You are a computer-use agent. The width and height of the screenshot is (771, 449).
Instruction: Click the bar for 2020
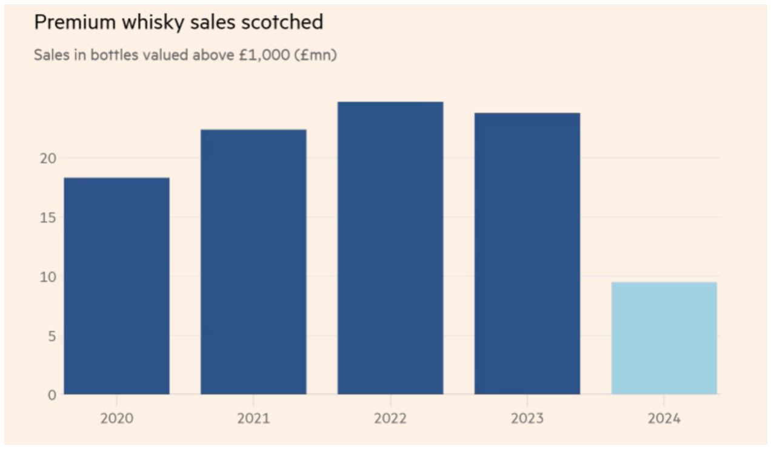pyautogui.click(x=116, y=286)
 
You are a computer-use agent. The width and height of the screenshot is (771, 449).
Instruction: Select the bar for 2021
pyautogui.click(x=253, y=262)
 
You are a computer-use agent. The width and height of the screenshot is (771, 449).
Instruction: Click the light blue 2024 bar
pyautogui.click(x=664, y=338)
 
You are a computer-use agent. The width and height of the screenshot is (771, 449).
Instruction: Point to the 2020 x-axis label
pyautogui.click(x=116, y=419)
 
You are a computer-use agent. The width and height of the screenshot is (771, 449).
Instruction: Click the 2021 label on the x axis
pyautogui.click(x=253, y=419)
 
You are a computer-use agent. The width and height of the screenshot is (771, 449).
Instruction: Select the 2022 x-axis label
pyautogui.click(x=390, y=419)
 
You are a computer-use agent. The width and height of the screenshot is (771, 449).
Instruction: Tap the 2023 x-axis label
pyautogui.click(x=527, y=419)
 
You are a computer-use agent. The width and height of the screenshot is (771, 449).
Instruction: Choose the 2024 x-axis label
pyautogui.click(x=664, y=419)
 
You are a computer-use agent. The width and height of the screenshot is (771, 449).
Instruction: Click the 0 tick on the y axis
pyautogui.click(x=51, y=395)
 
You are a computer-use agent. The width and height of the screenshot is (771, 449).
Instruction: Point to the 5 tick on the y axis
pyautogui.click(x=51, y=336)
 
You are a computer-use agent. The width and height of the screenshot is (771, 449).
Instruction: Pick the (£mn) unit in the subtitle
pyautogui.click(x=319, y=55)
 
